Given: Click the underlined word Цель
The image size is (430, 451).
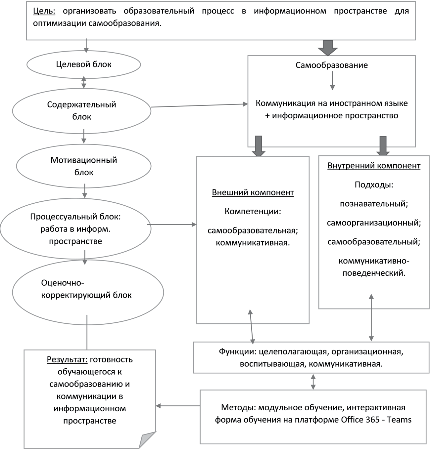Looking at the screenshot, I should click(x=44, y=11).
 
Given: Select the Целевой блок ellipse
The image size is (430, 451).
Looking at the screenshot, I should click(x=83, y=64).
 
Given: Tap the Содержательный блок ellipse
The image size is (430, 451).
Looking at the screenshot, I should click(x=81, y=110).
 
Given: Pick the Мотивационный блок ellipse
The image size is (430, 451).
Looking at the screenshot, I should click(x=84, y=166).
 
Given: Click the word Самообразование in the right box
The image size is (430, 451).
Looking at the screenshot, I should click(x=331, y=65).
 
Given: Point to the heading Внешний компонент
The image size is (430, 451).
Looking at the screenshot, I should click(x=253, y=192).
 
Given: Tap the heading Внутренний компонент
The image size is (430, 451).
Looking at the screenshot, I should click(x=374, y=166).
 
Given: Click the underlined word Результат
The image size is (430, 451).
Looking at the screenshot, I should click(x=67, y=359).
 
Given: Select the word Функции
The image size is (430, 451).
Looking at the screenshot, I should click(x=237, y=351).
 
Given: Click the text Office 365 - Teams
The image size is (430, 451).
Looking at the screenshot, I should click(x=376, y=420).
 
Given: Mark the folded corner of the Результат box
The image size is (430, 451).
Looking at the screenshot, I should click(x=148, y=440).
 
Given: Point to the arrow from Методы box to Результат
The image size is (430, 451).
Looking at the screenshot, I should click(x=178, y=406).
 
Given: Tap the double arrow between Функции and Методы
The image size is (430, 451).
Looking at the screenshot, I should click(x=313, y=381).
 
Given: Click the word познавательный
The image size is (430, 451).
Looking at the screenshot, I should click(x=374, y=204).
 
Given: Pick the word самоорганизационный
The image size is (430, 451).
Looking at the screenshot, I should click(x=374, y=223).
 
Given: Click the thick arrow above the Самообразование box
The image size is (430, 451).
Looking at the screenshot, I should click(x=327, y=47).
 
